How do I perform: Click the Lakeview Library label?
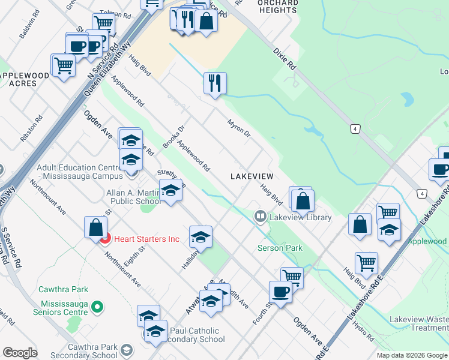click(x=300, y=217)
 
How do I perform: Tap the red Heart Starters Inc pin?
click(x=104, y=239)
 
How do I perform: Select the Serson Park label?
click(x=280, y=248)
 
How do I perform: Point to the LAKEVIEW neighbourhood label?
click(x=252, y=176)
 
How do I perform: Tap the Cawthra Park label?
click(x=63, y=289)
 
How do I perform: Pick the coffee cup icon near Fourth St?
click(x=280, y=292)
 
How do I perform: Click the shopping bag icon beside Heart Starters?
click(x=95, y=227)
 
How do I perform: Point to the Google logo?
click(x=20, y=353)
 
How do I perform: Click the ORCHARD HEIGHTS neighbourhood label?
click(x=277, y=7)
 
